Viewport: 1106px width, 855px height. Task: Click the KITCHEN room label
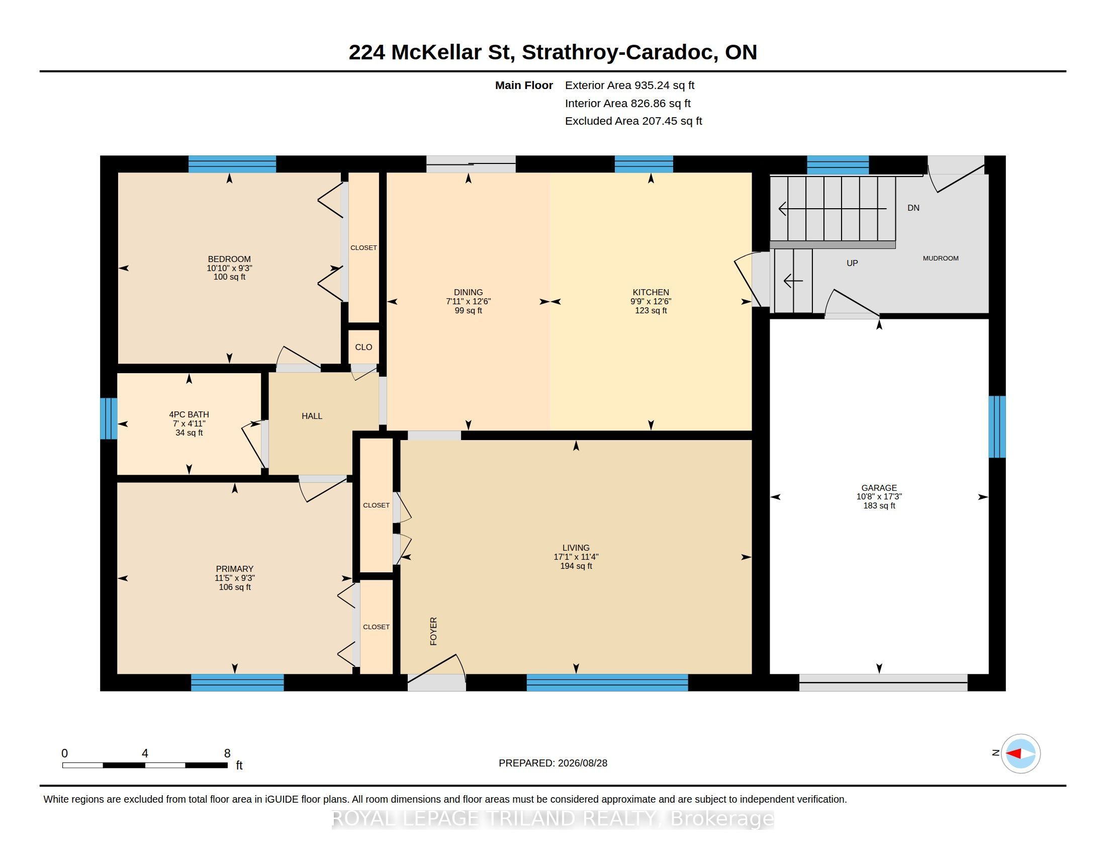point(651,292)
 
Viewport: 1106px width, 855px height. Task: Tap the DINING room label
point(468,292)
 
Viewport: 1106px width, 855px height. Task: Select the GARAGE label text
point(879,488)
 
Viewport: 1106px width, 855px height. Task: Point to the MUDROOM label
point(941,259)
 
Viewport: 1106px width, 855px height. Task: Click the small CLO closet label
point(363,347)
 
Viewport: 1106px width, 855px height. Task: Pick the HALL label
point(312,416)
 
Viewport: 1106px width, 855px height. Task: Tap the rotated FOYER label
point(433,631)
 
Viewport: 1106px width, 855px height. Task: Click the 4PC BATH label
point(189,414)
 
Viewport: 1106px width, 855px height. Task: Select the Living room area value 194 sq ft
point(576,566)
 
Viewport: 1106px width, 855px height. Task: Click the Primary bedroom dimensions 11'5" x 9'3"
point(234,578)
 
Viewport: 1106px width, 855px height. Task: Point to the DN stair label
point(913,208)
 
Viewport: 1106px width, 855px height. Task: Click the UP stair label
point(852,263)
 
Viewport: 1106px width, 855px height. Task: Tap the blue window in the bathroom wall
point(109,418)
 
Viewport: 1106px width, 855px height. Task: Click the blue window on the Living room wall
point(607,683)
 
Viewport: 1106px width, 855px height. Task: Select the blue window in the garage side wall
point(997,426)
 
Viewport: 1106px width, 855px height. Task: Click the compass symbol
point(1021,754)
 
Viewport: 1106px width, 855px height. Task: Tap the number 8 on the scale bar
point(227,753)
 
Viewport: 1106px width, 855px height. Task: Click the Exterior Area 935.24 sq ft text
point(630,85)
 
